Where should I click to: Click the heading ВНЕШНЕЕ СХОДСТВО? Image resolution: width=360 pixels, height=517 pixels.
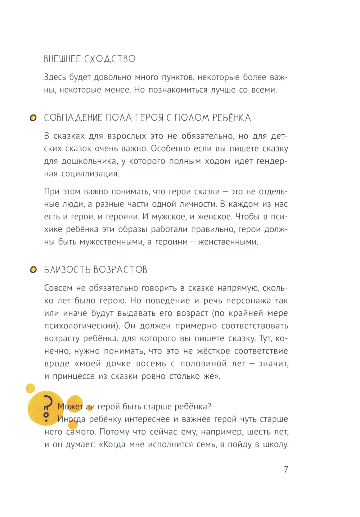[90, 59]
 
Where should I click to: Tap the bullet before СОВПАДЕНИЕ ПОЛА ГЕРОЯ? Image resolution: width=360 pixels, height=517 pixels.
[33, 118]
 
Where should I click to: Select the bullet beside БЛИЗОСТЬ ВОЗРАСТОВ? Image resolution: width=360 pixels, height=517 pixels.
[33, 270]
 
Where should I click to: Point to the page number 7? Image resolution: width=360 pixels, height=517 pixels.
[286, 469]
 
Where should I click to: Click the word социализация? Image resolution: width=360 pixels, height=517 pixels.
[90, 174]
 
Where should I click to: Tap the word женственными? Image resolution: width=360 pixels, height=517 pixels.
[228, 242]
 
